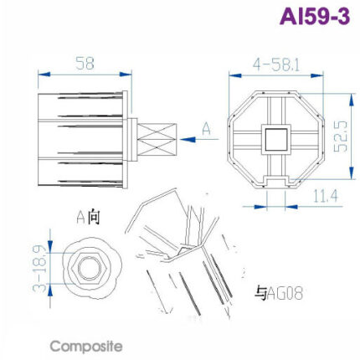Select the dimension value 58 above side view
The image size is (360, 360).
click(84, 64)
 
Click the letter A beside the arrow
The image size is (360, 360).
click(206, 128)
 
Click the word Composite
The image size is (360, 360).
click(86, 345)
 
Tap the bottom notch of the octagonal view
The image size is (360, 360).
click(275, 179)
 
